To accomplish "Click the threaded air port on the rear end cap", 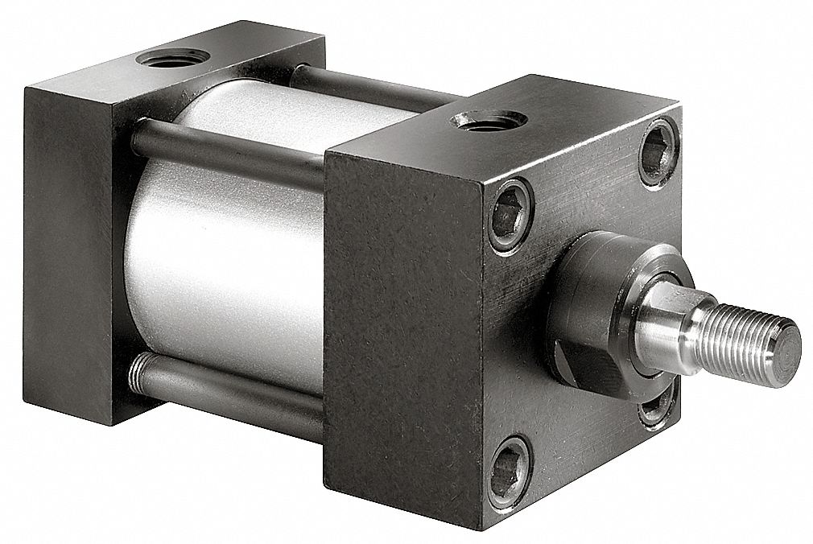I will click(x=172, y=58).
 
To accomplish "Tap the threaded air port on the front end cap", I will click(x=489, y=121).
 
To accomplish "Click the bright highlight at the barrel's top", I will click(x=266, y=113).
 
